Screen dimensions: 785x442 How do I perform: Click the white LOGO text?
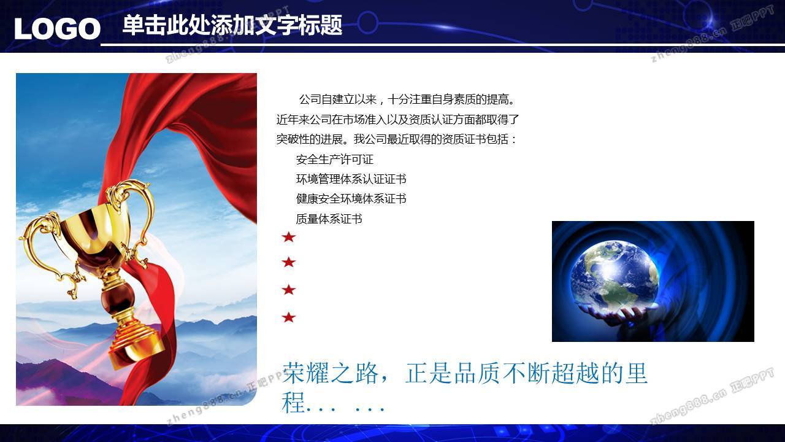[58, 29]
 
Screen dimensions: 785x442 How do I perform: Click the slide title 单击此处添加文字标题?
[232, 25]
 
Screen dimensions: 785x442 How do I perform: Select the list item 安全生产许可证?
[335, 160]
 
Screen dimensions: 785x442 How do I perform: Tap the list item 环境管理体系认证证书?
[351, 179]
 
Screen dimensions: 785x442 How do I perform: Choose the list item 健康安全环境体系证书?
[351, 199]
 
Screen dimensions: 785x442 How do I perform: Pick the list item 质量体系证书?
[329, 219]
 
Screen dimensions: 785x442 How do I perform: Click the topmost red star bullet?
[289, 237]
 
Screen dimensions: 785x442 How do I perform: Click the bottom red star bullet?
[289, 317]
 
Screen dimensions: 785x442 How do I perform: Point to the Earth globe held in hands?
[615, 276]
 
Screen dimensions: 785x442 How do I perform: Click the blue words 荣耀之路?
[331, 373]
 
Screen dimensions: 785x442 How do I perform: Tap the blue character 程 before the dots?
[293, 402]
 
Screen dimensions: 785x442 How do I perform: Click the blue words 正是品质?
[453, 373]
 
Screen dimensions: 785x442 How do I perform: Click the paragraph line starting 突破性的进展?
[396, 139]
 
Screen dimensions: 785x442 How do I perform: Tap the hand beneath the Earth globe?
[617, 313]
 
